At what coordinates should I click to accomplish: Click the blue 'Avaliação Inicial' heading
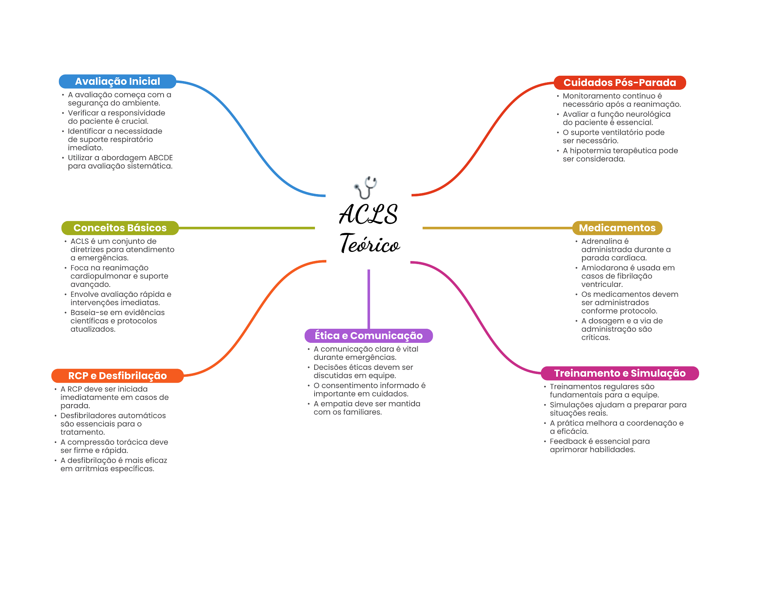coord(117,81)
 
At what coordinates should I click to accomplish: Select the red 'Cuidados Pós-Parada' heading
coord(620,83)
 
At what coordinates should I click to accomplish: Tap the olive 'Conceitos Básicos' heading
coord(120,228)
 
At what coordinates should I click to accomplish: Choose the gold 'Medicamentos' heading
coord(617,228)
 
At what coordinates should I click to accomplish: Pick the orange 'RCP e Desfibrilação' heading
coord(117,376)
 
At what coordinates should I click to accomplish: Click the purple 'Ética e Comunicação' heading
coord(368,336)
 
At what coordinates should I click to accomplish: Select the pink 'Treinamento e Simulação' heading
coord(620,373)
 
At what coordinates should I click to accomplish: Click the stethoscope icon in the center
coord(366,188)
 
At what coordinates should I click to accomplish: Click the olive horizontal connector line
coord(247,228)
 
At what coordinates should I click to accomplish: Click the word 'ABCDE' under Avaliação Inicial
coord(161,158)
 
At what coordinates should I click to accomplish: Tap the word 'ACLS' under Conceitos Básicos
coord(79,241)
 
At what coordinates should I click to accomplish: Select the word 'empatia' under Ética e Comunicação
coord(336,404)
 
